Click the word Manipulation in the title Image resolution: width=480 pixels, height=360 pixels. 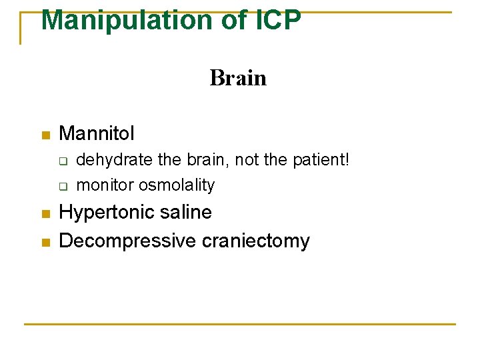127,20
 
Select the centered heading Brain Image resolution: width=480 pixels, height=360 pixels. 238,79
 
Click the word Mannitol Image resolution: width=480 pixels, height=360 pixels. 97,133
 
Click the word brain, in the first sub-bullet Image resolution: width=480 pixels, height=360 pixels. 205,160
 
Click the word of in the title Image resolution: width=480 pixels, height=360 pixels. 234,20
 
